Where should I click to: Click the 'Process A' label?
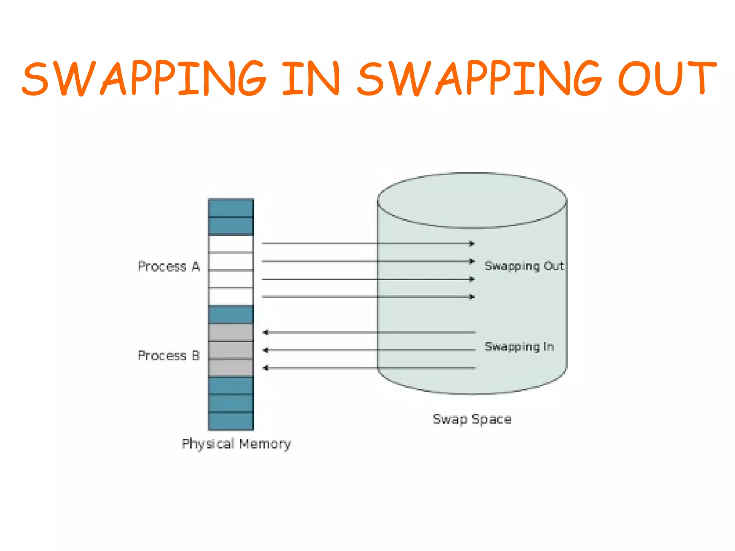coord(169,267)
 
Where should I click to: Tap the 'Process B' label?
coord(169,355)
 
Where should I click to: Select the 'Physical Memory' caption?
coord(236,444)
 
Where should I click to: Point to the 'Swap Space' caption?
coord(472,419)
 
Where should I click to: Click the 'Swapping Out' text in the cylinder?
coord(524,266)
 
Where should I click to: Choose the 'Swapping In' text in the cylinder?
coord(519,347)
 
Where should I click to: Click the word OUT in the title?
coord(667,78)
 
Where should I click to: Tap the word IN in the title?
coord(311,78)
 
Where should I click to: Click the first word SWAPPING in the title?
coord(144,78)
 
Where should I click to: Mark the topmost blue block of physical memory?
coord(231,208)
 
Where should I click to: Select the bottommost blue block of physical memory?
coord(231,421)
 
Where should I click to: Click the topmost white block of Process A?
coord(231,244)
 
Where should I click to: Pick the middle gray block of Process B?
coord(231,350)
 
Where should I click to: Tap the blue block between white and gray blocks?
coord(231,314)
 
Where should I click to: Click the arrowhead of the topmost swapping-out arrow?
coord(472,244)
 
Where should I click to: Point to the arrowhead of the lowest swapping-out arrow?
coord(472,297)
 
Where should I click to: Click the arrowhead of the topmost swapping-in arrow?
coord(266,333)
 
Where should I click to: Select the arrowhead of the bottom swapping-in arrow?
coord(266,368)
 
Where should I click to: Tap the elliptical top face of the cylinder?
coord(472,200)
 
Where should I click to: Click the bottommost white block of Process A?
coord(231,297)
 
